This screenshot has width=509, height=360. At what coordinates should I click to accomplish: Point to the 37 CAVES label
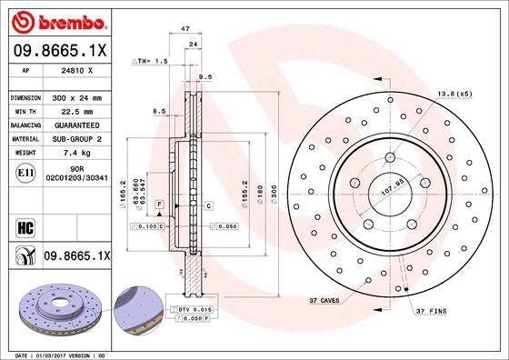point(326,299)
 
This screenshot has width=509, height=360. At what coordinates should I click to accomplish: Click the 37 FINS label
point(431,312)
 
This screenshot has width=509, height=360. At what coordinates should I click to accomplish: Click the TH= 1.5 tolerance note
point(151,61)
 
